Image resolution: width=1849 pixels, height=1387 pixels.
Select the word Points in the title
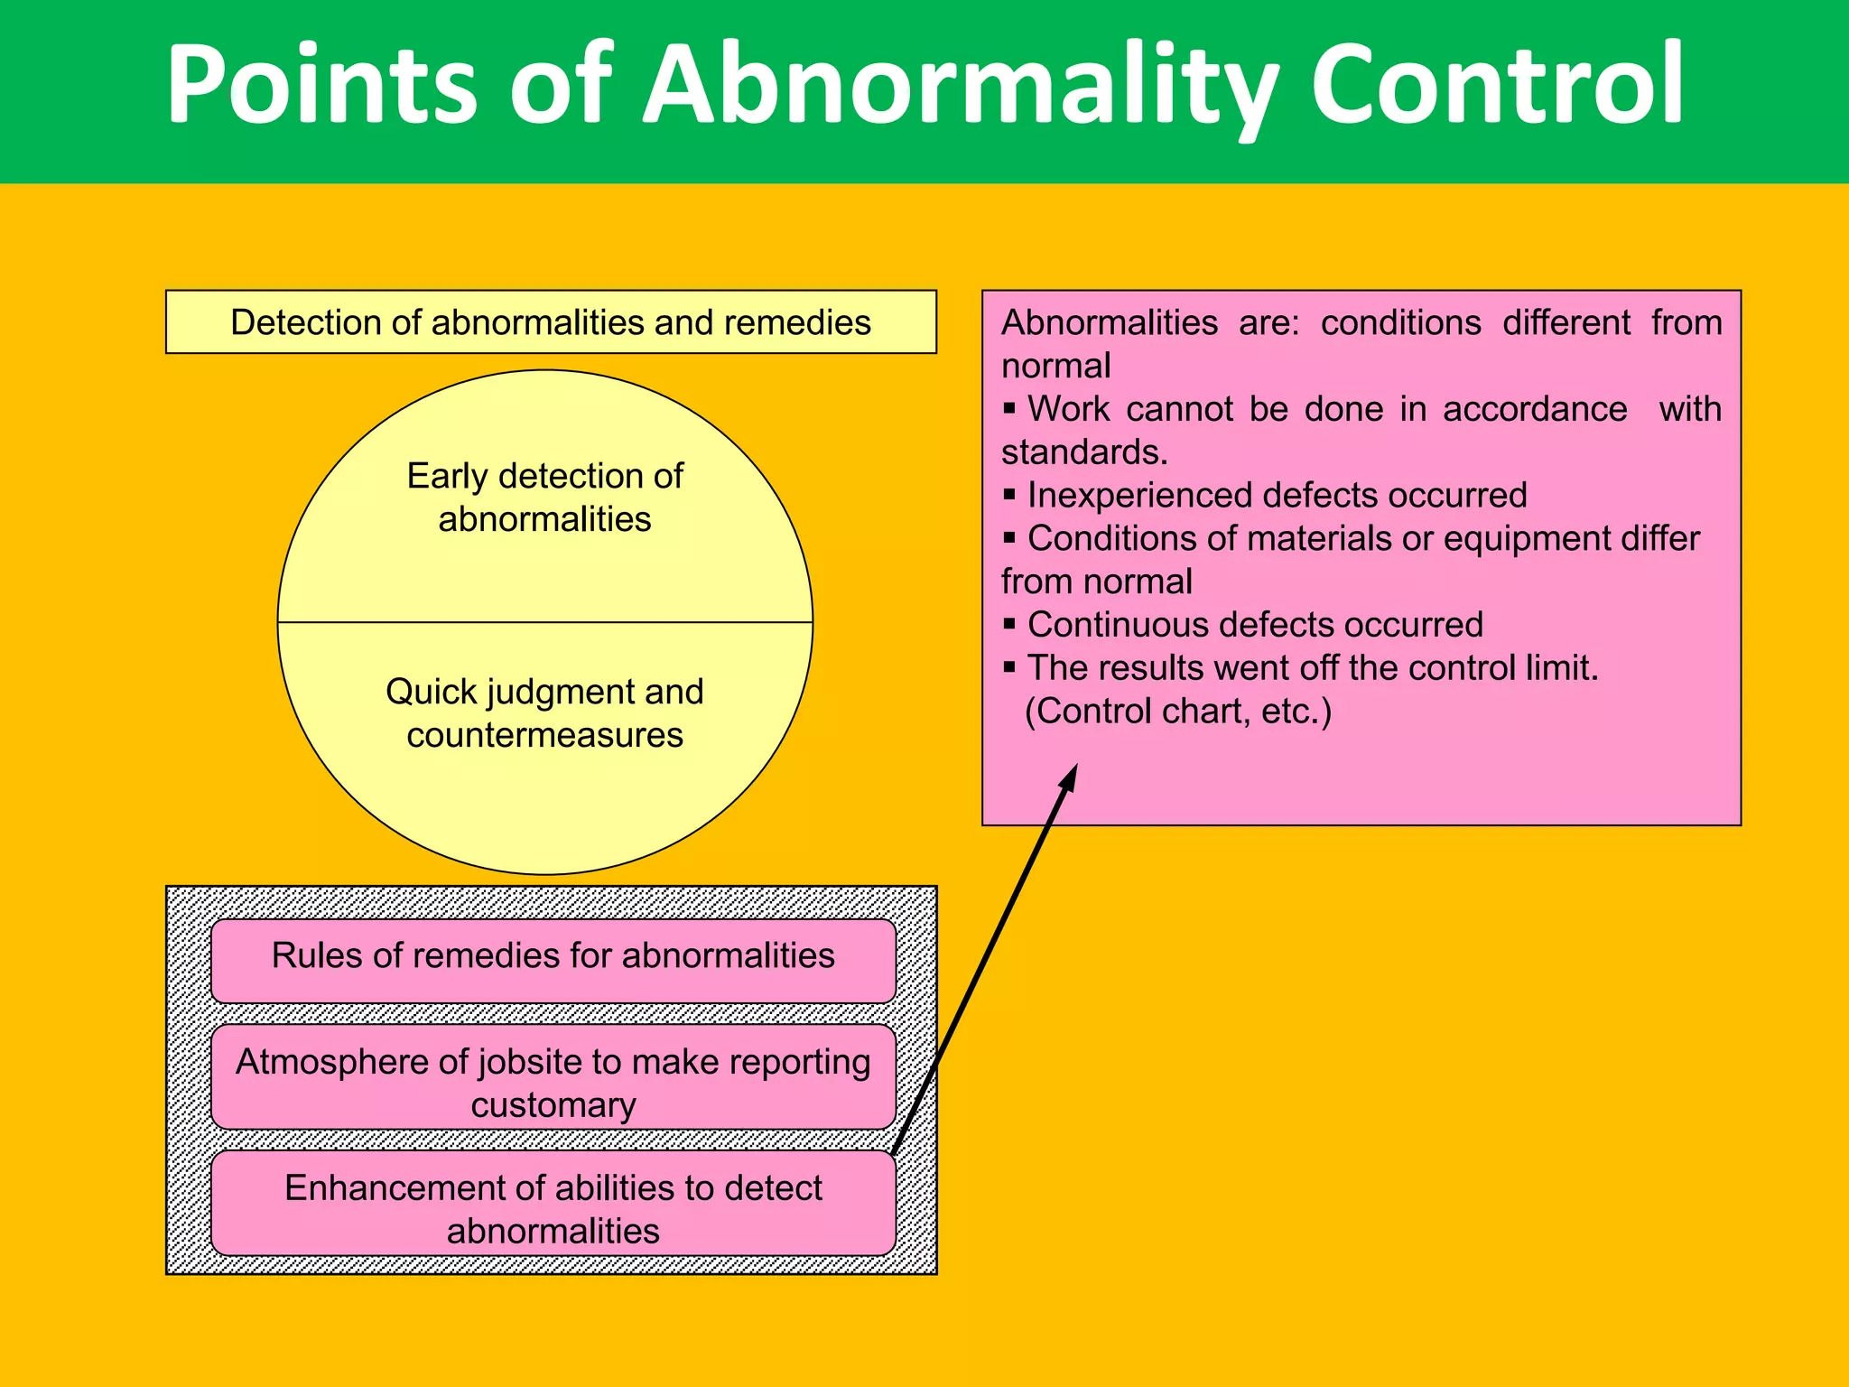pos(321,86)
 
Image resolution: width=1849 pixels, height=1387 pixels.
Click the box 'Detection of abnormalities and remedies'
pos(551,322)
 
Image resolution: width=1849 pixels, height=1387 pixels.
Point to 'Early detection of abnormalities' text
pos(544,498)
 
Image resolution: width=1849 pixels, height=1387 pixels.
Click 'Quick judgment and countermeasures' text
pos(544,713)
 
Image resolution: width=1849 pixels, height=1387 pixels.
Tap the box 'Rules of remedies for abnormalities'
pos(553,957)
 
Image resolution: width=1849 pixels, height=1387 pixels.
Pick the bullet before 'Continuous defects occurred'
pos(1009,624)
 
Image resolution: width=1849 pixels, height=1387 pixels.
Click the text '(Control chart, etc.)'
pos(1177,712)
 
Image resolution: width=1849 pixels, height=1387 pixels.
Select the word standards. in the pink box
pos(1084,452)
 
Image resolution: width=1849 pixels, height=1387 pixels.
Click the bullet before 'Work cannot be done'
pos(1009,408)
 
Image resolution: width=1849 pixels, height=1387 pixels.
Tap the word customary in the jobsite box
pos(553,1105)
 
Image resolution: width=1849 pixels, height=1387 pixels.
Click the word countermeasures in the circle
pos(544,735)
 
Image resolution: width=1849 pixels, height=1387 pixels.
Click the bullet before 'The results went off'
pos(1009,667)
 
